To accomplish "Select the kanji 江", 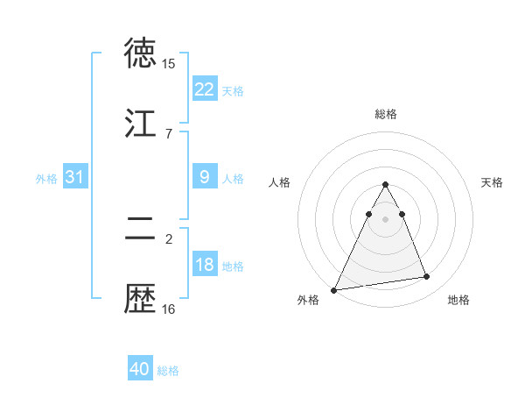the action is click(141, 124).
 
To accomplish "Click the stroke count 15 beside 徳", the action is click(168, 64).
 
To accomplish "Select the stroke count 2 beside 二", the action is click(168, 238).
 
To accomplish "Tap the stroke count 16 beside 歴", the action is click(168, 309).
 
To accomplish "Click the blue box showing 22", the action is click(204, 89).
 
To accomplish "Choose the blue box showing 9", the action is click(204, 177).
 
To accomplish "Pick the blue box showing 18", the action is click(204, 266).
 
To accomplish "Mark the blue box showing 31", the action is click(74, 177).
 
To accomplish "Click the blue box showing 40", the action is click(139, 369).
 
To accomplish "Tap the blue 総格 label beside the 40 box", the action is click(168, 371).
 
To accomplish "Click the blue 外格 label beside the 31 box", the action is click(46, 179).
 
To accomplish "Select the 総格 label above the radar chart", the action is click(385, 114).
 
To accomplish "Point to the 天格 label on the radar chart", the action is click(492, 182).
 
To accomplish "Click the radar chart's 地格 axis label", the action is click(458, 301).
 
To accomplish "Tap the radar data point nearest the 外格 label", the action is click(334, 289).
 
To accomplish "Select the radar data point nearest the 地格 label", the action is click(427, 277).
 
